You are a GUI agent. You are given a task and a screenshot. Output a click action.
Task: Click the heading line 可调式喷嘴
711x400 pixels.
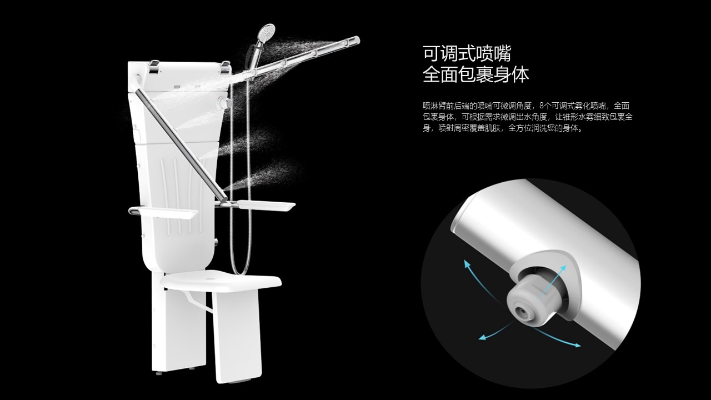coord(467,54)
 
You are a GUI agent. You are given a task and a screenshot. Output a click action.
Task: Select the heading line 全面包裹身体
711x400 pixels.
coord(475,75)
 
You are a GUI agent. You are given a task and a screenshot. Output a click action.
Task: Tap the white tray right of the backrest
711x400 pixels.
coord(267,206)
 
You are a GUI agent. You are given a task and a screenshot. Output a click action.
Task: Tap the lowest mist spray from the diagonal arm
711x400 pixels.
coord(261,175)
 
